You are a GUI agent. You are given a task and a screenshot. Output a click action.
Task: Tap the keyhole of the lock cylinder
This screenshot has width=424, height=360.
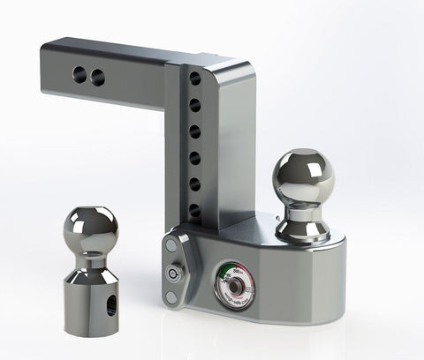pyautogui.click(x=170, y=274)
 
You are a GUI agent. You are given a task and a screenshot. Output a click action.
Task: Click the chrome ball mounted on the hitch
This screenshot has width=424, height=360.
pyautogui.click(x=303, y=176)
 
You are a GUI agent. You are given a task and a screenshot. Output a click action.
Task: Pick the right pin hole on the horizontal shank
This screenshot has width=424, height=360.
pyautogui.click(x=97, y=79)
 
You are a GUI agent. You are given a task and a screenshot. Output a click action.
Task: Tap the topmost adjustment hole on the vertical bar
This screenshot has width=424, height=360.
pyautogui.click(x=194, y=79)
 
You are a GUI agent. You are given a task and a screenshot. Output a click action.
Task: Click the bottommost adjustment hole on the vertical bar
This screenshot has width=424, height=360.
pyautogui.click(x=194, y=211)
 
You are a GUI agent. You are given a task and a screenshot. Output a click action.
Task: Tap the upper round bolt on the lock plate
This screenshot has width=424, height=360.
pyautogui.click(x=172, y=248)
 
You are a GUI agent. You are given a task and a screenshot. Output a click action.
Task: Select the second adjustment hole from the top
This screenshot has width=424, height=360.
pyautogui.click(x=194, y=105)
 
